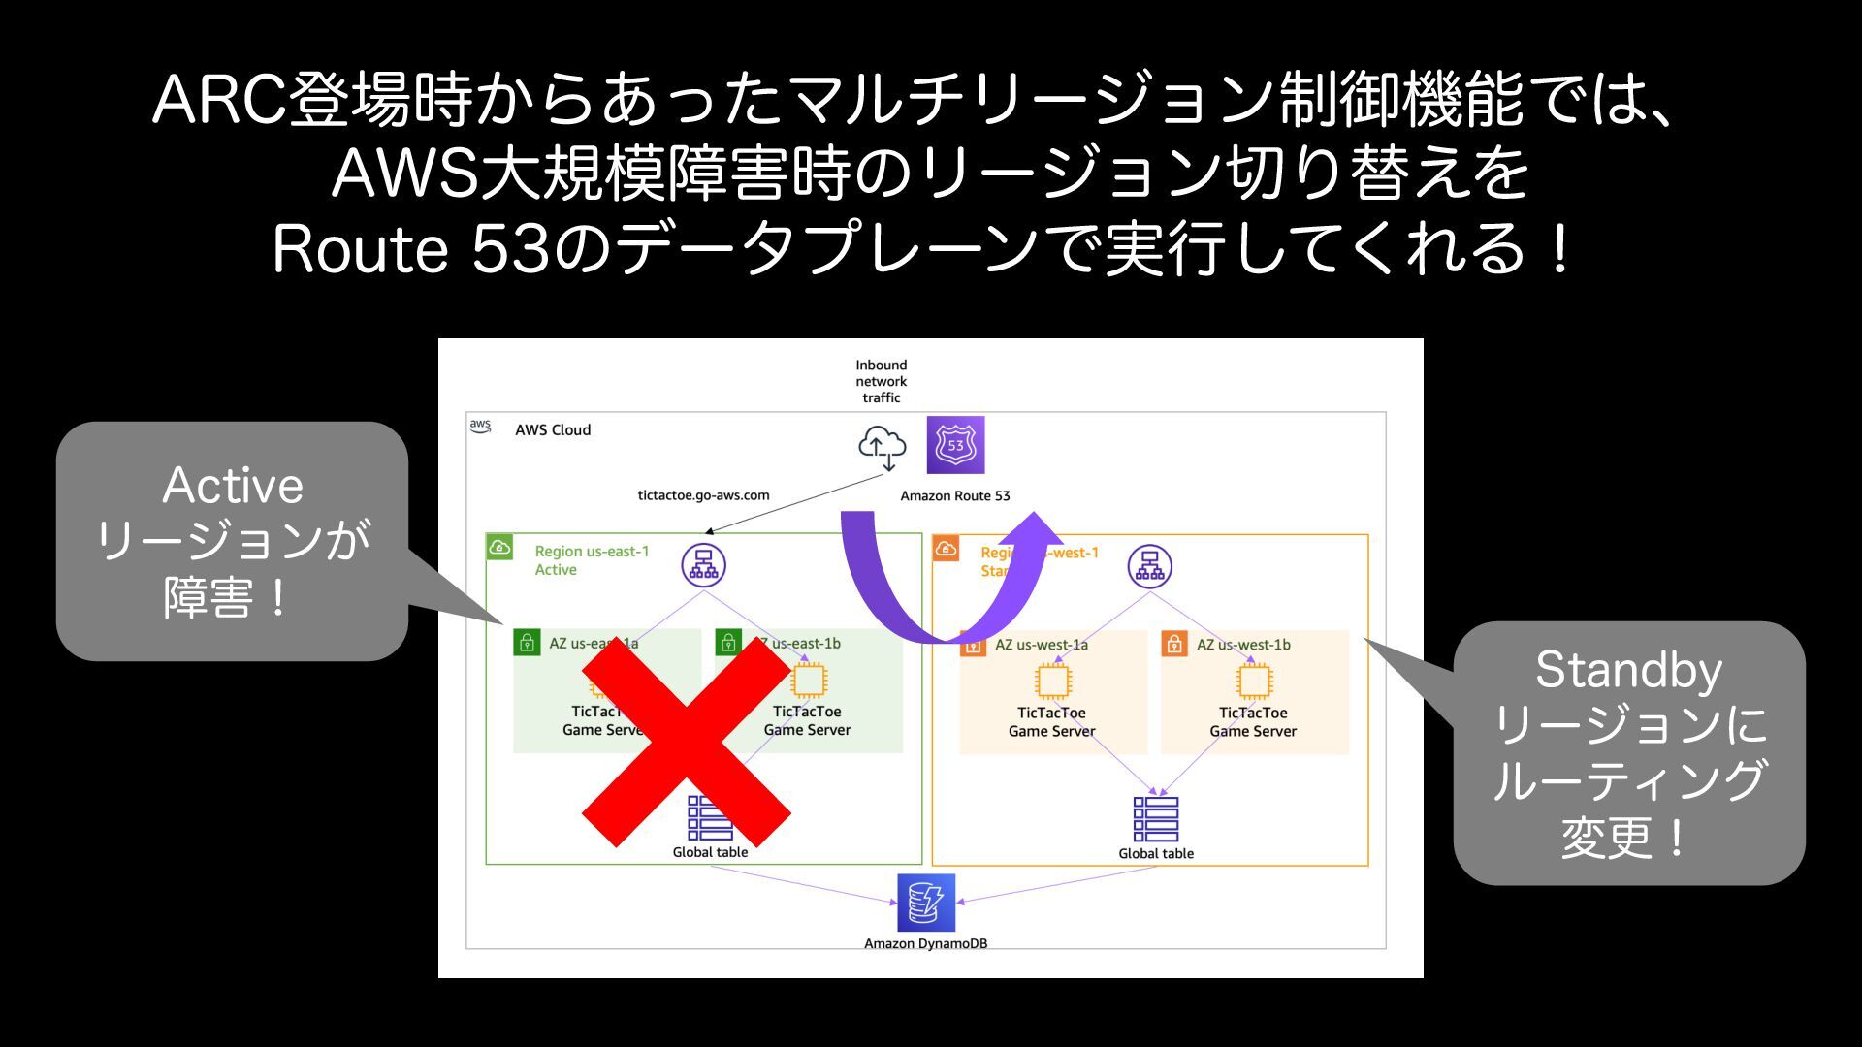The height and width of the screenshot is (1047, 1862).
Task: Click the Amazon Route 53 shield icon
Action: tap(955, 445)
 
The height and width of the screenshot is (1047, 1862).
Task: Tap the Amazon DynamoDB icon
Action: tap(925, 903)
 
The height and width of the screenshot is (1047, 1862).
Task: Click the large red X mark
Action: tap(686, 743)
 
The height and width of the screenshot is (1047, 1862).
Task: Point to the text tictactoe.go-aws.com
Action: tap(703, 495)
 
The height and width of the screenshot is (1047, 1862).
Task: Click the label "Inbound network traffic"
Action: tap(881, 381)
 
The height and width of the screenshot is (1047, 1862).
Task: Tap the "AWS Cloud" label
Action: tap(553, 430)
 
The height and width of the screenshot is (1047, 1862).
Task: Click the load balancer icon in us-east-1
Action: tap(703, 565)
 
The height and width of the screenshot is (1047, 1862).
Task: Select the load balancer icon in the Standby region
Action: tap(1149, 566)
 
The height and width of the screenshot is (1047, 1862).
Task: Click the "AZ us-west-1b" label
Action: tap(1243, 645)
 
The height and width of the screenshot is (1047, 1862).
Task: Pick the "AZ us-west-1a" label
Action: tap(1042, 645)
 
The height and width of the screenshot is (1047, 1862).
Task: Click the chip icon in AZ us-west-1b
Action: tap(1253, 682)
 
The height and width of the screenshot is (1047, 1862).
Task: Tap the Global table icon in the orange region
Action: tap(1156, 819)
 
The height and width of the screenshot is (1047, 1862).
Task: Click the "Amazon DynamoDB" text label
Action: tap(925, 943)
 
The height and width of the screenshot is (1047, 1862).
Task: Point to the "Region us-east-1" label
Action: tap(592, 552)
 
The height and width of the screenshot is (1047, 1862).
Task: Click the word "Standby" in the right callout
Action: tap(1628, 670)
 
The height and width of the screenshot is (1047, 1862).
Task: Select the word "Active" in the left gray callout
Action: tap(233, 486)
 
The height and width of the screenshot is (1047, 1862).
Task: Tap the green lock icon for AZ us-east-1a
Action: tap(527, 642)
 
